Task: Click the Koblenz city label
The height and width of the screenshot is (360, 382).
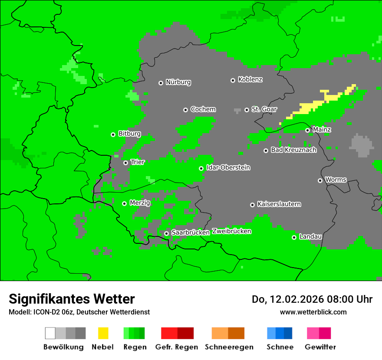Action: click(x=250, y=80)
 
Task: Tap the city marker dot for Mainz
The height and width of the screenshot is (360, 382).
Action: click(x=307, y=130)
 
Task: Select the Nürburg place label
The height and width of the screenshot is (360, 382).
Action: click(x=178, y=82)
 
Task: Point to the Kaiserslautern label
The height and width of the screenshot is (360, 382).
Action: click(x=279, y=204)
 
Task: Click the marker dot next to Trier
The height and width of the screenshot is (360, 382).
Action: click(x=125, y=163)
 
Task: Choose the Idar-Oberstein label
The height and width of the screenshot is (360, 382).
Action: click(x=228, y=168)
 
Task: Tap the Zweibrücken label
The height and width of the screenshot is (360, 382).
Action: click(x=232, y=231)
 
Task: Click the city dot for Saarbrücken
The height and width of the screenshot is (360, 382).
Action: click(x=166, y=233)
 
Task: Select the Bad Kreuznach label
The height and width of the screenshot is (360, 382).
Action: click(x=293, y=150)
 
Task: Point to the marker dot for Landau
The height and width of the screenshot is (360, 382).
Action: click(x=294, y=237)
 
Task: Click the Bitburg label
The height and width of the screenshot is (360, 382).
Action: click(x=129, y=134)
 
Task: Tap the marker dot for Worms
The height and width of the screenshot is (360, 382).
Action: click(x=320, y=180)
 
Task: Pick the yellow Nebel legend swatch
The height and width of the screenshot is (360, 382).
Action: click(x=103, y=333)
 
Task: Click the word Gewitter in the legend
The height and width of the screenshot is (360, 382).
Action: click(x=320, y=347)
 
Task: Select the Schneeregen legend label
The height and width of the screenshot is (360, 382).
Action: click(x=229, y=347)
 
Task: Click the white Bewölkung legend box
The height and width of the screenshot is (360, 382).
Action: click(x=50, y=333)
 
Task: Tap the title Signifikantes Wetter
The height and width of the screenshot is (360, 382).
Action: click(x=72, y=299)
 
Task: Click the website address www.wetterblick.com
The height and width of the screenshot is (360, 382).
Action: click(x=313, y=312)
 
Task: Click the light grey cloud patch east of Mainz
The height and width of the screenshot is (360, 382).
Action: click(x=361, y=145)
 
